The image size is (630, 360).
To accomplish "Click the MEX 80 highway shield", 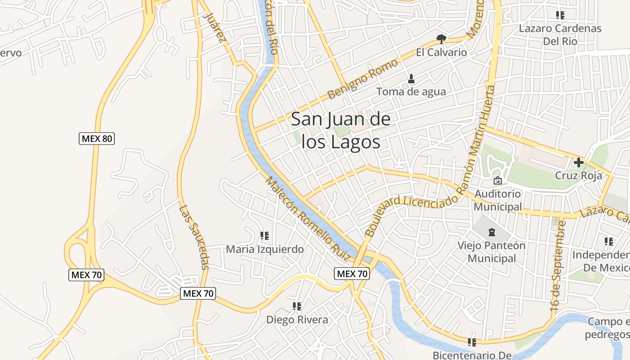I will point(97,139).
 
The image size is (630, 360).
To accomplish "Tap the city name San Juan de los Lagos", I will point(341,131).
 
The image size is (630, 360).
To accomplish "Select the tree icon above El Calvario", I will point(441,39).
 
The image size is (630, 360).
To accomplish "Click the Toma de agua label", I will point(411,92).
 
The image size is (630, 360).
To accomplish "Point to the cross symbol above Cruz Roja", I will point(579,162).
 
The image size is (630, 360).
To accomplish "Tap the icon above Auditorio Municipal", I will point(498,180).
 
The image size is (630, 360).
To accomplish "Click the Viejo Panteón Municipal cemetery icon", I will point(491,232).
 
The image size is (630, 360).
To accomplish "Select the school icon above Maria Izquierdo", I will point(265,235).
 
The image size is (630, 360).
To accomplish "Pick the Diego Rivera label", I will point(297,320).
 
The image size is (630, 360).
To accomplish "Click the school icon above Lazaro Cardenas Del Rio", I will point(560,15).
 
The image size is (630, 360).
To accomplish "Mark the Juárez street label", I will point(214,27).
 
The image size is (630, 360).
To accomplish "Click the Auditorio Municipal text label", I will point(498,200).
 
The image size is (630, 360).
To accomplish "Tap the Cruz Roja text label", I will point(578,175).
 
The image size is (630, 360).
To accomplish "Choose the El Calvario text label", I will point(441,52).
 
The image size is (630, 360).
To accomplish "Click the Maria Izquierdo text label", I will point(265,249).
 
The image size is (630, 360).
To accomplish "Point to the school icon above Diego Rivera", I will point(297,306).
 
